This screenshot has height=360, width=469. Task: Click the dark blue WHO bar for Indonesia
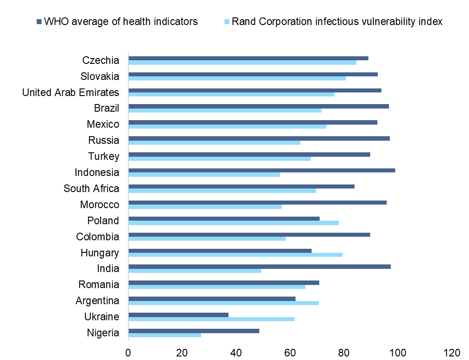(262, 170)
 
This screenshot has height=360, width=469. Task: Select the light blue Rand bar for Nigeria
(165, 335)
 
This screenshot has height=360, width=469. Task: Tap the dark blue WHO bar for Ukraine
(178, 314)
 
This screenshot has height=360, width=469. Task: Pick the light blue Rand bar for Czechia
(242, 63)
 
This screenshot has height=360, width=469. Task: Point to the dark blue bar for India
(259, 267)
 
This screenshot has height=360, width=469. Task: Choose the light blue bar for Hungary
(235, 255)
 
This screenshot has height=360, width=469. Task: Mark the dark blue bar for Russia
(259, 138)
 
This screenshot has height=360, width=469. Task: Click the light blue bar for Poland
(233, 222)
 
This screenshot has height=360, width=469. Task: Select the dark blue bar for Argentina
(212, 298)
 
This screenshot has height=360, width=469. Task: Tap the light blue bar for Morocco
(205, 206)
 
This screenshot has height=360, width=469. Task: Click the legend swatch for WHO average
(39, 21)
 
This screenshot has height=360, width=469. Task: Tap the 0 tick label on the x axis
(128, 352)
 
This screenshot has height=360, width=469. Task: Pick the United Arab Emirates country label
(71, 92)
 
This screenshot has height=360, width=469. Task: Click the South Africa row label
(91, 188)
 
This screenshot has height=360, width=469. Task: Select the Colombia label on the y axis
(97, 237)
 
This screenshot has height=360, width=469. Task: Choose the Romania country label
(98, 285)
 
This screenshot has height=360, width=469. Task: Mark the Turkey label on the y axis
(104, 156)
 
